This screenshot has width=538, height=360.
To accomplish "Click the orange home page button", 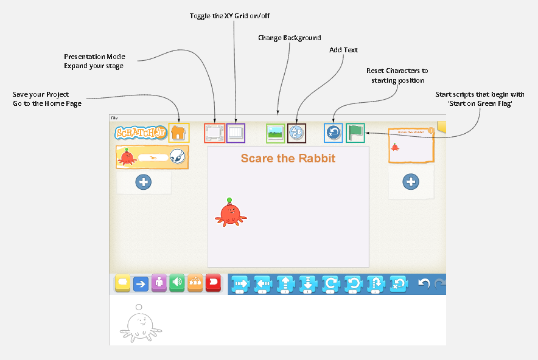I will [178, 133].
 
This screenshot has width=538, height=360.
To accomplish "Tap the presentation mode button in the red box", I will [214, 133].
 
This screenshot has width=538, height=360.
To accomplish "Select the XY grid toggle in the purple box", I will [236, 133].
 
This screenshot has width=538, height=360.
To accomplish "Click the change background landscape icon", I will [276, 133].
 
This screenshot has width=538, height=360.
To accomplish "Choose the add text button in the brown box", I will [296, 133].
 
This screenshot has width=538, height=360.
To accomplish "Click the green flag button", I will [355, 133].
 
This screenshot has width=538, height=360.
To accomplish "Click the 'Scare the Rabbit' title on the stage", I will [288, 159].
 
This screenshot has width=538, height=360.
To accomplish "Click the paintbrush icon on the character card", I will [177, 156].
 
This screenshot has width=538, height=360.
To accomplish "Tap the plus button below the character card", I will [144, 181].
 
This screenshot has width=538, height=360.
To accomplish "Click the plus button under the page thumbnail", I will [411, 181].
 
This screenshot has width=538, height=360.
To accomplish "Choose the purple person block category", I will [159, 283].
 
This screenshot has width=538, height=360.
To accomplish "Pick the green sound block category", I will [177, 283].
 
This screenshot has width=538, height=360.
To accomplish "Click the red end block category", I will [213, 283].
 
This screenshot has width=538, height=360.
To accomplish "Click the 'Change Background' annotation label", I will [289, 38].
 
